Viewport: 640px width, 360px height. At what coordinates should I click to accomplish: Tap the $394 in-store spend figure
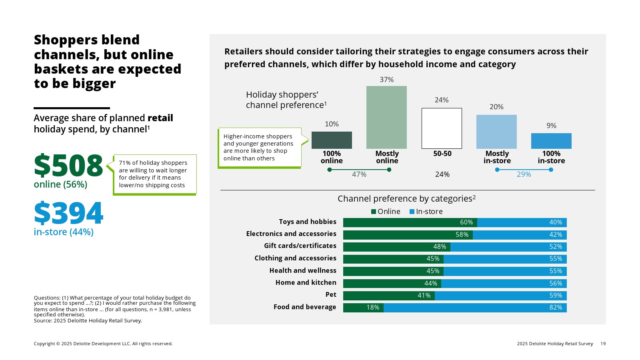(x=68, y=213)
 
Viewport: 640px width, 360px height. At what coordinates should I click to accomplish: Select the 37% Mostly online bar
(x=386, y=117)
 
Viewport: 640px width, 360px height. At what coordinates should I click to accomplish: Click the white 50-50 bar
(x=442, y=128)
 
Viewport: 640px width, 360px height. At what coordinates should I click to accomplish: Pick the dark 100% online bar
(x=332, y=140)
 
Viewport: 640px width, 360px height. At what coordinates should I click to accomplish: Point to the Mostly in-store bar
(x=496, y=132)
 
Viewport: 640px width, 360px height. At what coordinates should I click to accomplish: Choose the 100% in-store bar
(x=551, y=141)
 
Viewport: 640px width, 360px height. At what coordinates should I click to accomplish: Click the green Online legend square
(x=374, y=212)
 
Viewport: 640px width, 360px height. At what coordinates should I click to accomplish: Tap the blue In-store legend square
(x=412, y=212)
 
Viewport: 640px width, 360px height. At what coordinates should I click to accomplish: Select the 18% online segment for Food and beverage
(x=363, y=308)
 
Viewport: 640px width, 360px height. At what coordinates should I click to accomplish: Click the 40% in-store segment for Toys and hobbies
(x=522, y=222)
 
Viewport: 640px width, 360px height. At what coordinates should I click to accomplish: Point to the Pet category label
(x=331, y=295)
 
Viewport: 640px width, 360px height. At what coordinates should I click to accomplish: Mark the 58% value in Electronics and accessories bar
(x=462, y=235)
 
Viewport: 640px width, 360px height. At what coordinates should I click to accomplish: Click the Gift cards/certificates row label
(x=300, y=246)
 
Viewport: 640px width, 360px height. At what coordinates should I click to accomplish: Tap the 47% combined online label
(x=359, y=174)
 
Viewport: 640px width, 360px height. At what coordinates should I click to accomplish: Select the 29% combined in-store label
(x=524, y=174)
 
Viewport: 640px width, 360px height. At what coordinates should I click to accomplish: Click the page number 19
(x=603, y=344)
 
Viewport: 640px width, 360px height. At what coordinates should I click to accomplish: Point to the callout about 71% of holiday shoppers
(x=155, y=174)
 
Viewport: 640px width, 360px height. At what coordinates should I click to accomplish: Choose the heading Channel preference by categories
(x=406, y=199)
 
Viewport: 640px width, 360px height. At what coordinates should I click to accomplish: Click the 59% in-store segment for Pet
(x=500, y=296)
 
